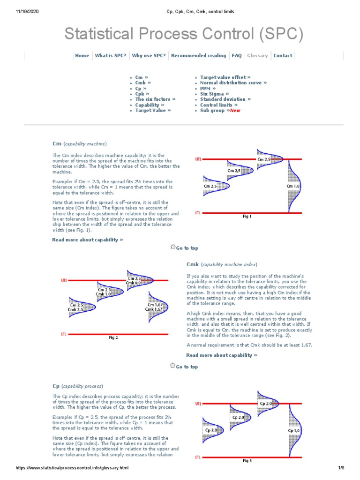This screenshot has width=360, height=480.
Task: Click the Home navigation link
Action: coord(82,55)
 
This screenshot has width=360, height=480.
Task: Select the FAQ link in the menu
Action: coord(237,55)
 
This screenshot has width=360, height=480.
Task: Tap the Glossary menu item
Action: coord(257,55)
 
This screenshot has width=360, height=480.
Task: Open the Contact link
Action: coord(283,55)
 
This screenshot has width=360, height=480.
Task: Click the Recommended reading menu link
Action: coord(198,55)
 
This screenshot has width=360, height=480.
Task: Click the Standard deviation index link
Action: coord(225,99)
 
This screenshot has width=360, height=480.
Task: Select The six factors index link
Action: coord(155,99)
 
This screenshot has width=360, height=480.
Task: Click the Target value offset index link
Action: coord(225,77)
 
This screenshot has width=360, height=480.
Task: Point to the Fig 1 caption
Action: coord(247,217)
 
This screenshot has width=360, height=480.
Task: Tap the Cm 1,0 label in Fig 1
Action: coord(293,186)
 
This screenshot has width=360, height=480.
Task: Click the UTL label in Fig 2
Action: coord(65,281)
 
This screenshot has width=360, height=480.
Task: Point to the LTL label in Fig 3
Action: coord(199,457)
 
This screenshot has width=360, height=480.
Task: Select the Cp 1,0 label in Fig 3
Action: coord(294,430)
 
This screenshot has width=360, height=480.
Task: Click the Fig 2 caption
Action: coord(113,337)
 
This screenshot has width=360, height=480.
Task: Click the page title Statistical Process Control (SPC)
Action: coord(184,34)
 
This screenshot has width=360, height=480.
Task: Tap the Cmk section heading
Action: coord(193,264)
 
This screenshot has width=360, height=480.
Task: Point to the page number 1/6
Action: coord(341,468)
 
